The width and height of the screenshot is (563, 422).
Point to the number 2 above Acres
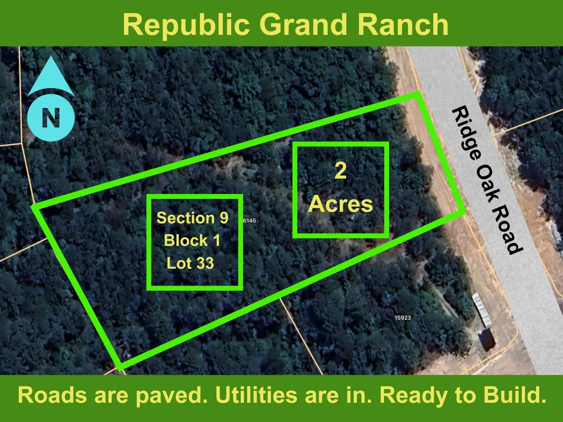341,172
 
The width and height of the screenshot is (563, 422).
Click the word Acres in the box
341,204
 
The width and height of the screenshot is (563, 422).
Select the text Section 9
192,218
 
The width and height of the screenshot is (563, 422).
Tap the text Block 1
192,241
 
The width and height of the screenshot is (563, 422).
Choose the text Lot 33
190,264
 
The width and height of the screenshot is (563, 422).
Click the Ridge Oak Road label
487,180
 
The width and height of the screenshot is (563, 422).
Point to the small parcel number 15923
403,317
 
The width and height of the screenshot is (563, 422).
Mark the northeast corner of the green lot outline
418,95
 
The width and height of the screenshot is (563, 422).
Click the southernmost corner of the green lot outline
120,367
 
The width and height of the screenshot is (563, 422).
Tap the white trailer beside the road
481,309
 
